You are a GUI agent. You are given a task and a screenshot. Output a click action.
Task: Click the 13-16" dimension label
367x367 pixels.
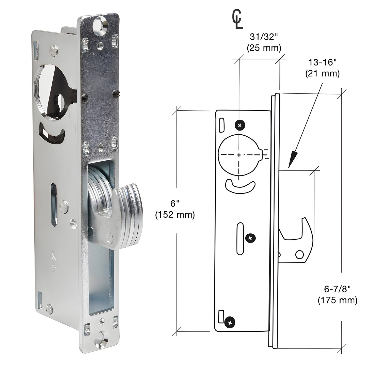322,62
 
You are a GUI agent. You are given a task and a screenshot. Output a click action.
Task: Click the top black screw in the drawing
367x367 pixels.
240,125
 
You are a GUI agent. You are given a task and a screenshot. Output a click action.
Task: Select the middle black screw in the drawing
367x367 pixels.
250,238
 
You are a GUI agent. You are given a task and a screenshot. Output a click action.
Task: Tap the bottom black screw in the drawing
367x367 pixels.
230,323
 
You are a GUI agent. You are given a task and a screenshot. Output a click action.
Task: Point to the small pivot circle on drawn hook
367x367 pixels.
300,254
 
